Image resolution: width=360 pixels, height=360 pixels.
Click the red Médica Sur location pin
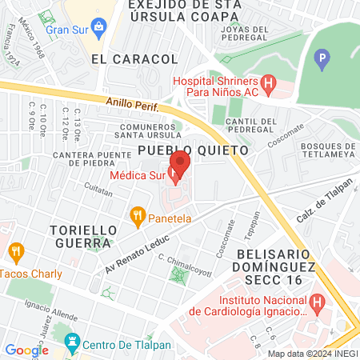click(x=180, y=164)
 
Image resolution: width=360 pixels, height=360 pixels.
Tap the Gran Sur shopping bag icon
click(x=98, y=30)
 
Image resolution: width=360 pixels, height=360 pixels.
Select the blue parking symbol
click(x=322, y=58)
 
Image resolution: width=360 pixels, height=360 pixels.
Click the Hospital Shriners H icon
click(x=269, y=82)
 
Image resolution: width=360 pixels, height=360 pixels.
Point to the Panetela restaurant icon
click(x=138, y=214)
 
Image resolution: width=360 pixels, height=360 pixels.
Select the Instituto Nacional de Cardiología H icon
click(x=318, y=303)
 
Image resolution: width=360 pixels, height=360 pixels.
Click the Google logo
click(x=26, y=350)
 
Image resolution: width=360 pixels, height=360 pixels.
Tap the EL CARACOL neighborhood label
click(x=134, y=59)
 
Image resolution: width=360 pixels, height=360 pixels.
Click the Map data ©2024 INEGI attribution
click(x=311, y=353)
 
